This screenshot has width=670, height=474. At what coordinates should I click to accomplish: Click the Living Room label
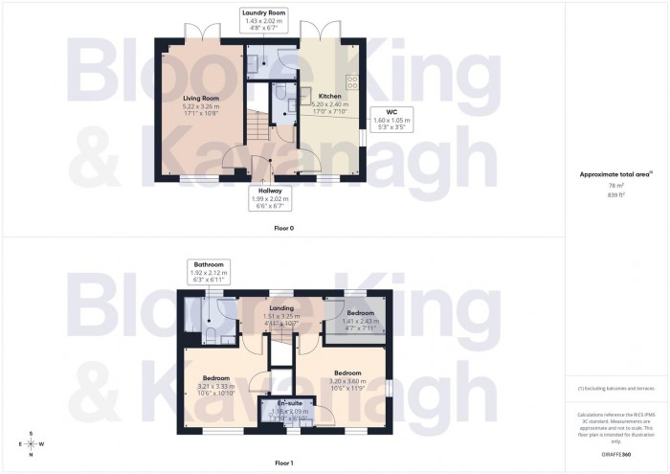coord(202,98)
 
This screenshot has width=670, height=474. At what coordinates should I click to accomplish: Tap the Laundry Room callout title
coord(263,12)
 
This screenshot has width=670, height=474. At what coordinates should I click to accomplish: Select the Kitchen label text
coord(318,97)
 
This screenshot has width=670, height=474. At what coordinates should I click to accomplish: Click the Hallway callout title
coord(263,191)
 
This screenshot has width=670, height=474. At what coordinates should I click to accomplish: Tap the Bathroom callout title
coord(208,264)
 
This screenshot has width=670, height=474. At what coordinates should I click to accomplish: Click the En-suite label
coord(289,403)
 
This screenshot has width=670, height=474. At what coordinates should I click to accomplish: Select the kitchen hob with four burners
coord(351,82)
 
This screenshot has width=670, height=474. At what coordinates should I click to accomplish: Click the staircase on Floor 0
coord(257,123)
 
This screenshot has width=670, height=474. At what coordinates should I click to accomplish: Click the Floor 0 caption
coord(282,228)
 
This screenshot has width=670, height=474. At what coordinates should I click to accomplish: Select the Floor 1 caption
coord(282,463)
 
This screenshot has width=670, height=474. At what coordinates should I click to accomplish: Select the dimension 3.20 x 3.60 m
coord(346,379)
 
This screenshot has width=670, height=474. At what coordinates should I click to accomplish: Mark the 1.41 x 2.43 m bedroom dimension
coord(360,322)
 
